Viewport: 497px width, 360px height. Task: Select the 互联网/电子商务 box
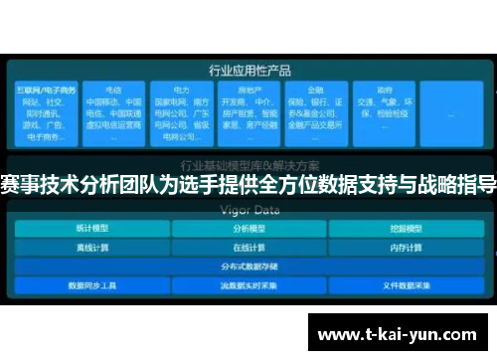[x=43, y=120]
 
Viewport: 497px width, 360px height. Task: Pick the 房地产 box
[x=248, y=120]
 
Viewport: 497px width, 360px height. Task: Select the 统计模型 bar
[x=90, y=228]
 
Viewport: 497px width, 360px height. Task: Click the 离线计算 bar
[x=90, y=247]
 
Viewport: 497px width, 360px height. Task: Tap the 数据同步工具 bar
[x=90, y=285]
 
